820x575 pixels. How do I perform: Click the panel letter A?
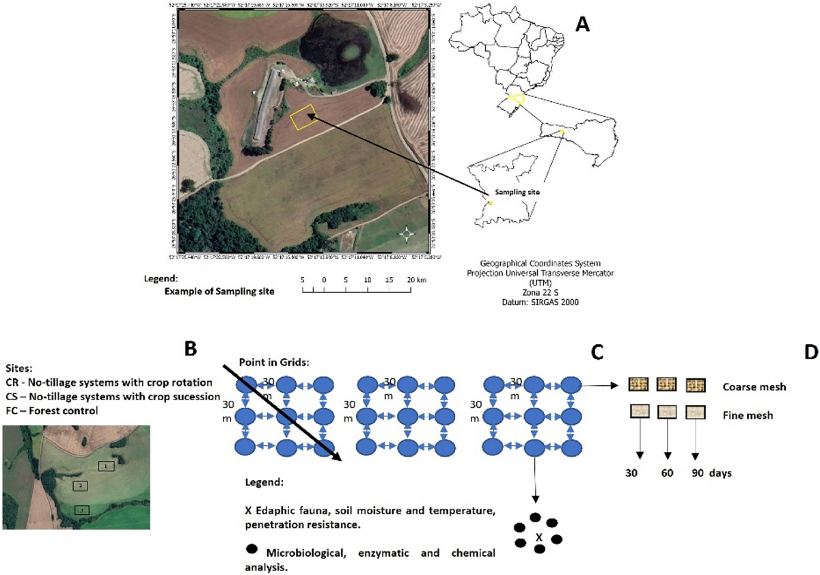pyautogui.click(x=583, y=25)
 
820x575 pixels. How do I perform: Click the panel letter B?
pyautogui.click(x=191, y=349)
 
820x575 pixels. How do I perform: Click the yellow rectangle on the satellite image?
pyautogui.click(x=303, y=117)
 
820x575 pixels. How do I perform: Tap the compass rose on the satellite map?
pyautogui.click(x=407, y=234)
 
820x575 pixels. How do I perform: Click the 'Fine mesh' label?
pyautogui.click(x=748, y=415)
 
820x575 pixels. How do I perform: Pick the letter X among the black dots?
pyautogui.click(x=538, y=537)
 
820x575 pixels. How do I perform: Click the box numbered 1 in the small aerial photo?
pyautogui.click(x=106, y=466)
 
